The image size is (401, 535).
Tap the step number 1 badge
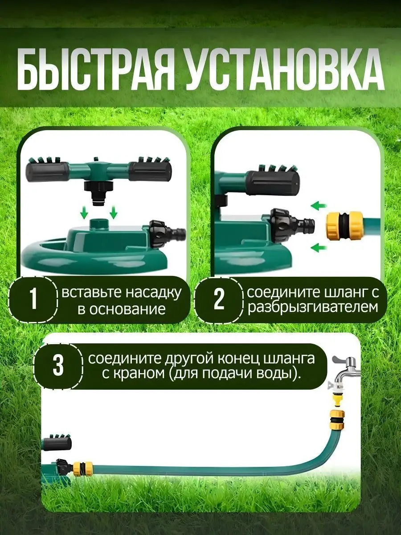(x=33, y=300)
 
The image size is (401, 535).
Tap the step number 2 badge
(x=218, y=300)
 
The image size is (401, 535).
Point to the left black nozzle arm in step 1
(x=47, y=171)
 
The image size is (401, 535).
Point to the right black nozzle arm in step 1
(x=150, y=171)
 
